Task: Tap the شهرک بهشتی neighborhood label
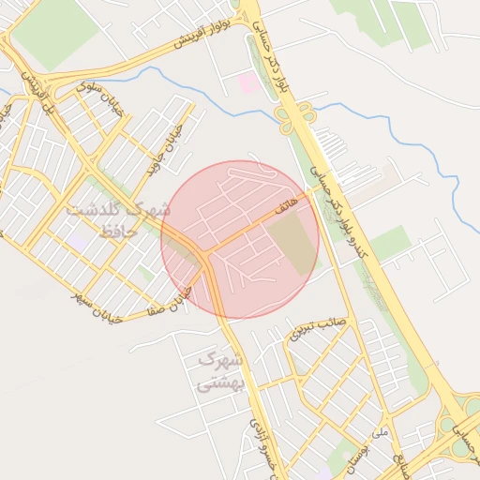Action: [x=221, y=370]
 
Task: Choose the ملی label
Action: [x=380, y=433]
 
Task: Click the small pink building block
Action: [x=248, y=82]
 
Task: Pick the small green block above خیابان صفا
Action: [x=145, y=273]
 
